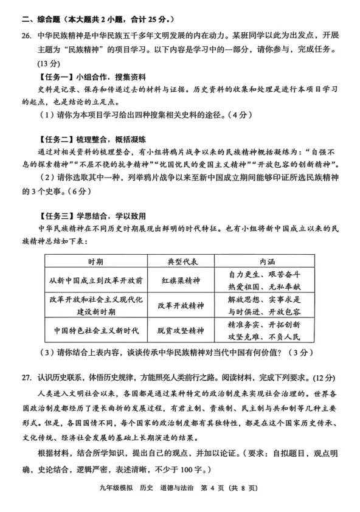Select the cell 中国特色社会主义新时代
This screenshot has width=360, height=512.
tap(95, 331)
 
